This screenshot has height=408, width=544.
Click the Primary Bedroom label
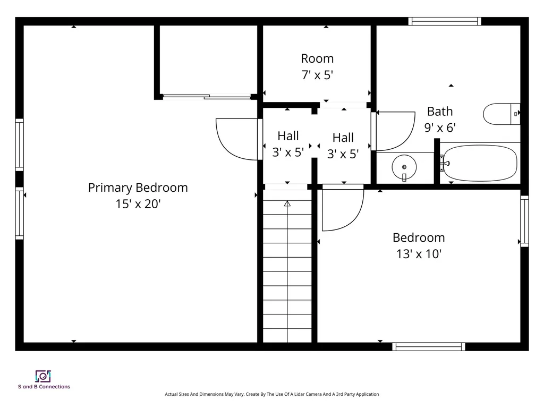coord(138,188)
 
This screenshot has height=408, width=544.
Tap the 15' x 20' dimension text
coord(138,204)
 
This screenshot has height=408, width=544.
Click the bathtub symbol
coord(480,163)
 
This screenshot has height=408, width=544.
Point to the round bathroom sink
coord(404,167)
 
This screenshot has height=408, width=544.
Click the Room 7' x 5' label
coord(317,66)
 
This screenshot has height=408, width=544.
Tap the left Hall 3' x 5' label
coord(288,144)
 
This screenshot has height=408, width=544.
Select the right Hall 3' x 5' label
coord(343,146)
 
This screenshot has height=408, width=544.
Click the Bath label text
coord(440,112)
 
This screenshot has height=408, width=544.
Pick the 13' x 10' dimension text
coord(419,254)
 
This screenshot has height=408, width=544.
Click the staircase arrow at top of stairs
coord(287,203)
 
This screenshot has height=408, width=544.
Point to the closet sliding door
coord(207,97)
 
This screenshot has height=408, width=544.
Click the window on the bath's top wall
coord(445,22)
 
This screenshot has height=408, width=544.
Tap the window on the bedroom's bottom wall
coord(428,346)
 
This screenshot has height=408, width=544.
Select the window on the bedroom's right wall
coord(524,220)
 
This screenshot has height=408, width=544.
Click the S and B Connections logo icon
coord(43,376)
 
